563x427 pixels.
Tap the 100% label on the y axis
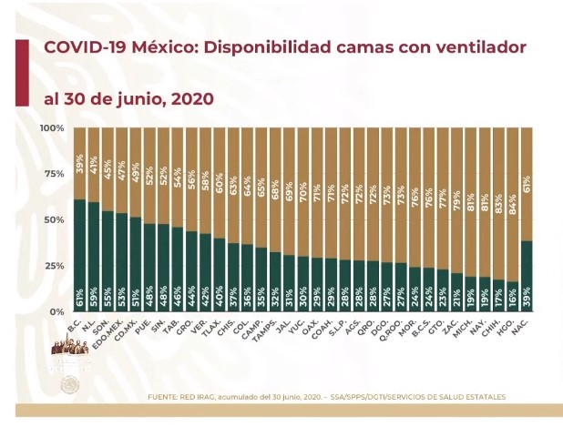click(51, 128)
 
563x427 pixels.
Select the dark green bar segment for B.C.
click(79, 255)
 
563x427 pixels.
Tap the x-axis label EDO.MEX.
click(118, 330)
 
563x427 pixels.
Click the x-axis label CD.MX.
click(133, 328)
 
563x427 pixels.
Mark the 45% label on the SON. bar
click(108, 144)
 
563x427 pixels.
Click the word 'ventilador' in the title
click(481, 46)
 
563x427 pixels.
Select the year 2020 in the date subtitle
click(190, 97)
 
